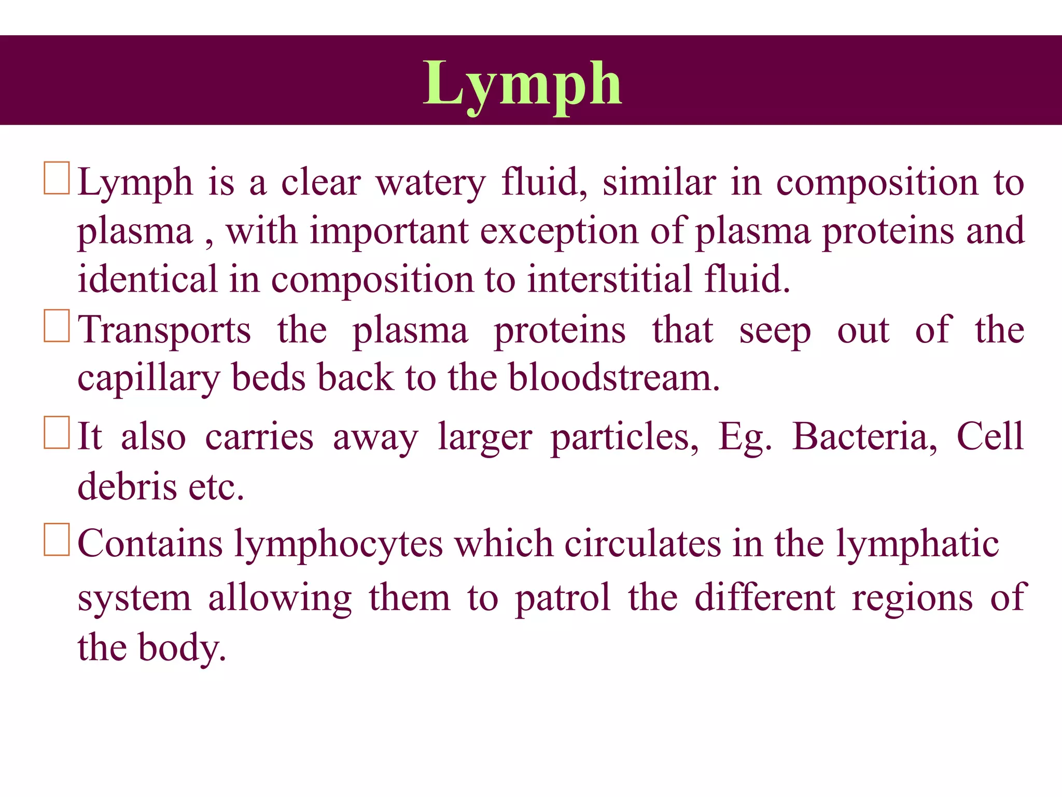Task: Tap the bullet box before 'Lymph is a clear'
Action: (57, 178)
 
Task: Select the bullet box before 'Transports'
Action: (57, 326)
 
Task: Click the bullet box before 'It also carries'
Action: (57, 432)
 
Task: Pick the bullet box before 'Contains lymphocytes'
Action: (57, 540)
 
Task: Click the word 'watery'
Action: (431, 183)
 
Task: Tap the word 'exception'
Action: (559, 231)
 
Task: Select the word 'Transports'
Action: (164, 330)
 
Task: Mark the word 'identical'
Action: (147, 279)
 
